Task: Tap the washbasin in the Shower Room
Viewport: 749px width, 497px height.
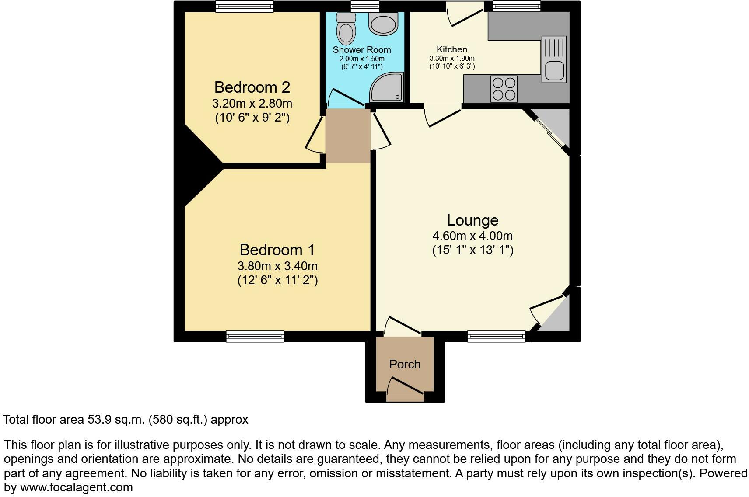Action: coord(383,23)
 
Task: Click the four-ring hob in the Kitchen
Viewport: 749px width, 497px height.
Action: coord(504,89)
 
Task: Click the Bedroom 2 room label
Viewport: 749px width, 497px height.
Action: coord(252,87)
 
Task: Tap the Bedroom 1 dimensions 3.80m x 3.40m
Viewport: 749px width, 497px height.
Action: coord(277,266)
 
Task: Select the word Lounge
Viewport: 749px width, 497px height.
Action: coord(472,220)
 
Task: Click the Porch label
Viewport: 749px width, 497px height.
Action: coord(405,364)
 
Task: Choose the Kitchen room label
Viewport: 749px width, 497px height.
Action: coord(452,49)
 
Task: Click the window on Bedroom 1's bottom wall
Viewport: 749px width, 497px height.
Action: coord(255,336)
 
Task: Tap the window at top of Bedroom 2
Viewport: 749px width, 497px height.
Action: coord(245,6)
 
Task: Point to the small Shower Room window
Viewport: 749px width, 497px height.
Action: coord(365,6)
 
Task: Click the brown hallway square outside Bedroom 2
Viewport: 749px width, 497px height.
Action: coord(348,136)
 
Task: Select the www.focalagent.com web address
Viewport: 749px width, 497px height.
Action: coord(77,487)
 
